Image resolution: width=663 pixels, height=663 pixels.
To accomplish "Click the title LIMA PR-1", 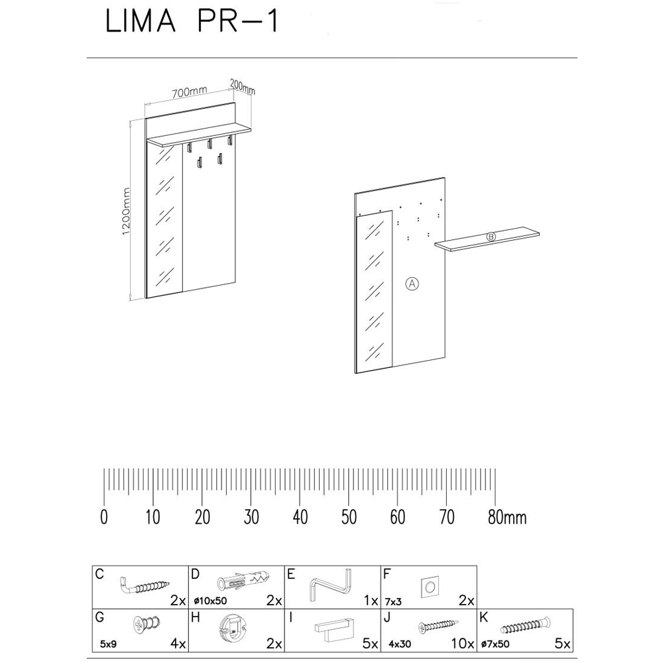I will click(191, 23).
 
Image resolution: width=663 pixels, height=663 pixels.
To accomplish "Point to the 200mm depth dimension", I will click(242, 86).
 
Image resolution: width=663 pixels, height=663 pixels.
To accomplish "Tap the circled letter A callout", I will click(412, 284).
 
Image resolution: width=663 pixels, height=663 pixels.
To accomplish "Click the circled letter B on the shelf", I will click(491, 237).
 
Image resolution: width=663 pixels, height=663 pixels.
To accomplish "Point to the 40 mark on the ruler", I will click(300, 517).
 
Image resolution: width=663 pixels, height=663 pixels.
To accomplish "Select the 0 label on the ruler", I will click(104, 517).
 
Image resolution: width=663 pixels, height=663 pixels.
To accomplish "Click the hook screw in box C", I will click(145, 585).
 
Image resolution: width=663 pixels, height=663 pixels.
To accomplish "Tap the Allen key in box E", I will click(332, 585).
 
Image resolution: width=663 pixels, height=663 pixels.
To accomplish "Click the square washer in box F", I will click(429, 586).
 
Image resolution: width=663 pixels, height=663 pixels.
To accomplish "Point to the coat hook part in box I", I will click(335, 629).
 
